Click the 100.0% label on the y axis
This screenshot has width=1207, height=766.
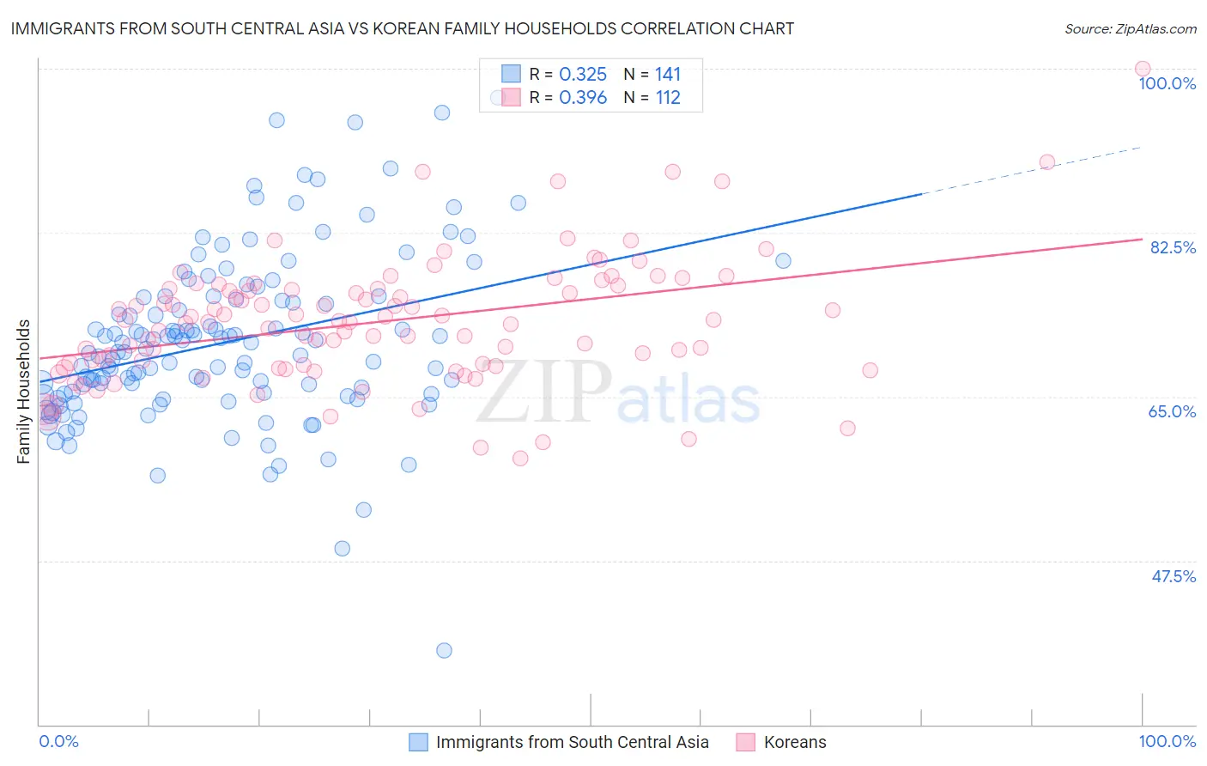1167,83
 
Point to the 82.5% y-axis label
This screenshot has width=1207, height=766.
1172,247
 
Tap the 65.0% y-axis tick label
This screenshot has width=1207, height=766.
1172,411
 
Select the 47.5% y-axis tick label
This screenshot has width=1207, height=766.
1173,576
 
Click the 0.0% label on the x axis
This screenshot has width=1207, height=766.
58,741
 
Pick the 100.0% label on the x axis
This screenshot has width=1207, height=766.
1167,741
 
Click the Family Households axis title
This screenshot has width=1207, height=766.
24,392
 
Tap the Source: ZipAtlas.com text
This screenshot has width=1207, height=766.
1130,29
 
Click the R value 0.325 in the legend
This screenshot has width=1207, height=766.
583,75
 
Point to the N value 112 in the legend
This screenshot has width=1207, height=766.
668,98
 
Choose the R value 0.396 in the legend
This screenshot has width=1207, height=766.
583,98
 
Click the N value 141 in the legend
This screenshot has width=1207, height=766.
668,75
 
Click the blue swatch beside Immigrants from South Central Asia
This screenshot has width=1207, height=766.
418,742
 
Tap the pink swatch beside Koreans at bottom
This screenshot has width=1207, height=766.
745,742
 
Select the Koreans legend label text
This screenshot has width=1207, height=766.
795,742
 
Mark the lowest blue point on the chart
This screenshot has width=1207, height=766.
444,650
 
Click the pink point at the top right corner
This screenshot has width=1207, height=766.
1142,69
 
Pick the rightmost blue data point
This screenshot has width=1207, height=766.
783,261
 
